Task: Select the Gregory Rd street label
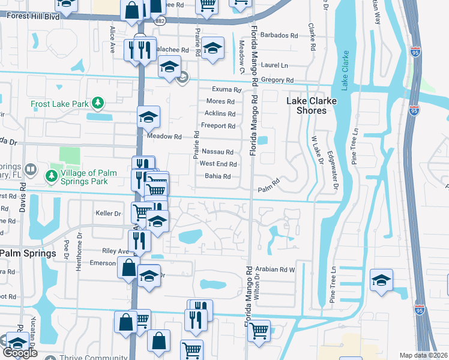(281, 80)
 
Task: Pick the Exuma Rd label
(226, 89)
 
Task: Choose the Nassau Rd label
(217, 152)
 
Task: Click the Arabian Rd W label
(276, 269)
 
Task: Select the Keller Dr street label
(109, 213)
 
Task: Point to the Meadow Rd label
(164, 136)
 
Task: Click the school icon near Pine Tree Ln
(381, 280)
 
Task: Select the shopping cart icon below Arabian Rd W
(259, 331)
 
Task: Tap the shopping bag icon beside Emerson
(128, 268)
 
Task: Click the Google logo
(20, 353)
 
